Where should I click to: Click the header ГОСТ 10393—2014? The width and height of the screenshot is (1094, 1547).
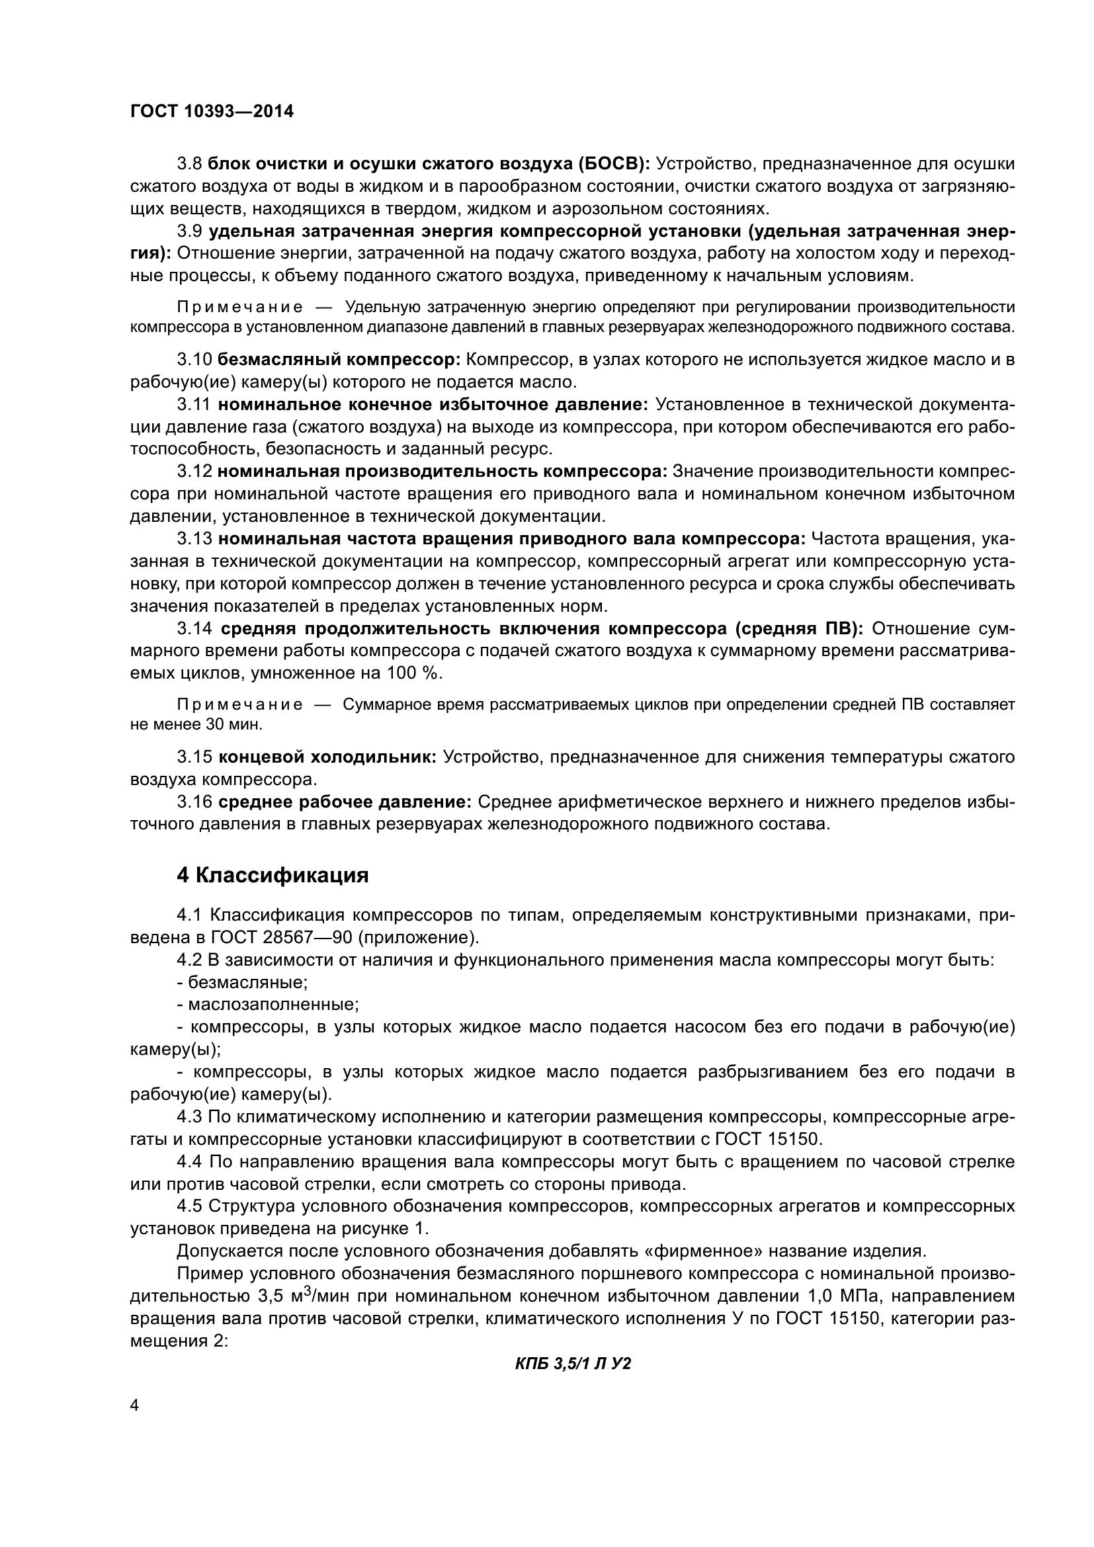pos(212,112)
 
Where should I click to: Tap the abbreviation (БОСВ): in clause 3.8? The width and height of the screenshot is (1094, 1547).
pos(613,164)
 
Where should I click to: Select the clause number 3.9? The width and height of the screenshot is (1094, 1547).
pos(189,231)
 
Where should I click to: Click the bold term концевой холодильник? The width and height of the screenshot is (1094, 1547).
pos(327,757)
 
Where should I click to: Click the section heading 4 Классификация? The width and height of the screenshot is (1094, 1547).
pos(273,876)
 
